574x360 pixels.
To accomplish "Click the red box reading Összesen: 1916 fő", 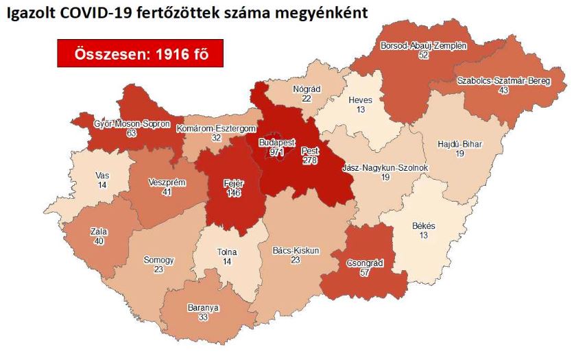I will [140, 53].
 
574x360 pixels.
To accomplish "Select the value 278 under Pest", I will [310, 160].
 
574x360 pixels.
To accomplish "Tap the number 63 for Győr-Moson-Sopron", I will [132, 133].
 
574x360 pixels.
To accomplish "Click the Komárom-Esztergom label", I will [217, 128].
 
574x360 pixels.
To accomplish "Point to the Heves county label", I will [359, 100].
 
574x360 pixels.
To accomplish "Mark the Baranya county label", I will [203, 308].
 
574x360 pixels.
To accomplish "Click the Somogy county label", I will [158, 261].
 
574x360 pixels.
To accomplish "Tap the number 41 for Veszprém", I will [166, 193].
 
